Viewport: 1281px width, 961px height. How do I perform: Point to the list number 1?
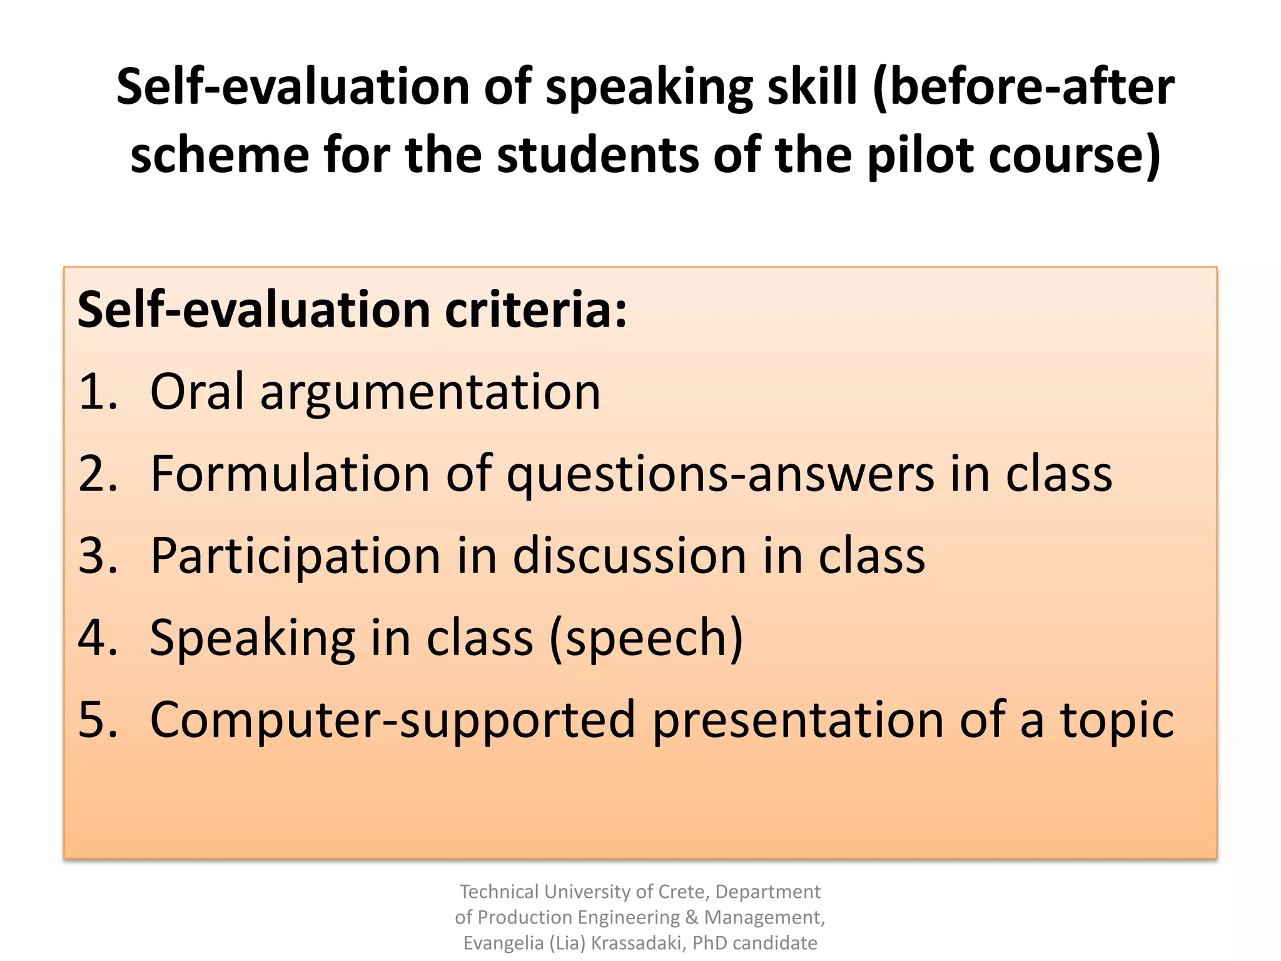point(98,392)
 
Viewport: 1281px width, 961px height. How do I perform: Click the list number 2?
point(98,474)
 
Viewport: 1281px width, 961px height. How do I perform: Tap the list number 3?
point(98,556)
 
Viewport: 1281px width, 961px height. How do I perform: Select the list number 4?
point(98,638)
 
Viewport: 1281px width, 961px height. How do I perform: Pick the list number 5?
point(98,720)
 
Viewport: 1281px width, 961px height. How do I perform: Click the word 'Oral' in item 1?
point(197,392)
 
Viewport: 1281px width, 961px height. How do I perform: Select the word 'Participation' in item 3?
point(296,556)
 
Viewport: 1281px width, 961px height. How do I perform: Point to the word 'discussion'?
point(630,556)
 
